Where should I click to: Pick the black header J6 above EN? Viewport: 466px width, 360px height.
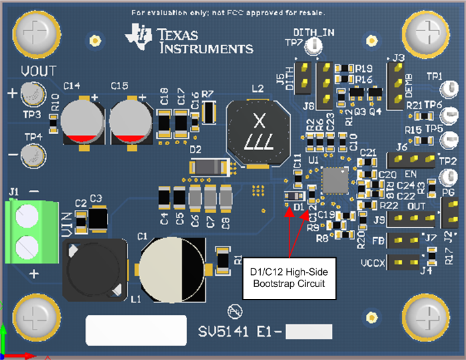click(x=411, y=159)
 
